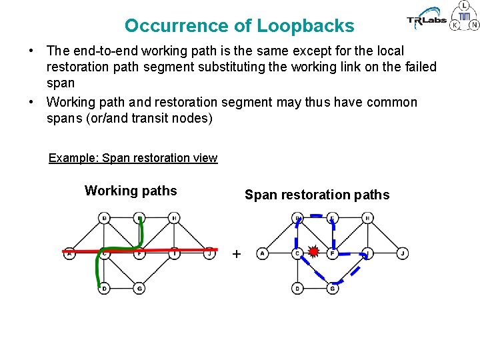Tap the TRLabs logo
coord(426,19)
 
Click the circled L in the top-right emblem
coord(465,5)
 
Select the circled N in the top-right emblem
coord(474,25)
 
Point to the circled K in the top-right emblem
coord(455,25)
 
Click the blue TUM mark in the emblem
coord(465,16)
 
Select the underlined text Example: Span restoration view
coord(133,158)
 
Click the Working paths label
coord(131,191)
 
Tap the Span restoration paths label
coord(317,195)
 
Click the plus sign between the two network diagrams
coord(236,254)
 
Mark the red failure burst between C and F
coord(314,253)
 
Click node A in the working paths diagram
coord(69,253)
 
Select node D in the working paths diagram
coord(104,289)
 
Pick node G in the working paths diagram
coord(139,289)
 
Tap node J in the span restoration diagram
coord(403,253)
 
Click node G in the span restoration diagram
coord(332,289)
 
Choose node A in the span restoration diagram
coord(263,253)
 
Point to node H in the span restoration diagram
coord(367,218)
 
